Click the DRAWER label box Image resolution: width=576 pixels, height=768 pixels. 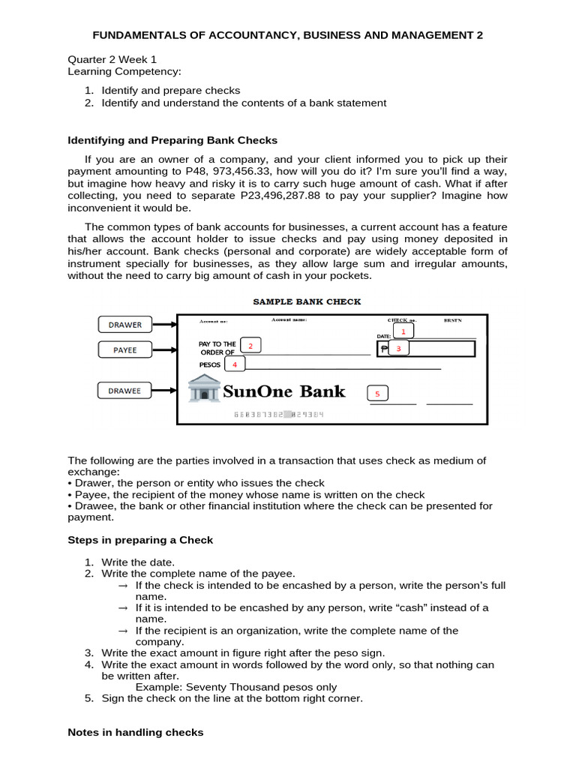pyautogui.click(x=124, y=325)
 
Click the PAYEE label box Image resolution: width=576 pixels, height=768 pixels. pyautogui.click(x=124, y=349)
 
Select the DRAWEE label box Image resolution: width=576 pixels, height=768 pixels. pyautogui.click(x=124, y=390)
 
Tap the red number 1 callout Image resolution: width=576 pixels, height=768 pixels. pyautogui.click(x=403, y=331)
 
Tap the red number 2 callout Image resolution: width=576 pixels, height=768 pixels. pyautogui.click(x=250, y=345)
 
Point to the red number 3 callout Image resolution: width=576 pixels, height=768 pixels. pyautogui.click(x=399, y=349)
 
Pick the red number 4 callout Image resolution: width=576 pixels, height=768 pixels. pyautogui.click(x=235, y=364)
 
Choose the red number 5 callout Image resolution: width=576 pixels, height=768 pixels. pyautogui.click(x=377, y=394)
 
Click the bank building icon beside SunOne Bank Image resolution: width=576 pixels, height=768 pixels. pyautogui.click(x=203, y=390)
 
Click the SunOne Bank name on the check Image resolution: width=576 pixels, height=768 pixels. pyautogui.click(x=285, y=391)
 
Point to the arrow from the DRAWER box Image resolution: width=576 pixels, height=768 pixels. pyautogui.click(x=164, y=325)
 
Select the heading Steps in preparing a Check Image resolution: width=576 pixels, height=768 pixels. pyautogui.click(x=140, y=540)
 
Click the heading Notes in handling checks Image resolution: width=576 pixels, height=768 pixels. pyautogui.click(x=135, y=732)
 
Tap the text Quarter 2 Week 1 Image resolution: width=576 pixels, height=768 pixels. pyautogui.click(x=112, y=60)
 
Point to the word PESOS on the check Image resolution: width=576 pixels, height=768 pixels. pyautogui.click(x=211, y=364)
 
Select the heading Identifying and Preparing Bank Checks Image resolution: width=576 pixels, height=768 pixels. pyautogui.click(x=172, y=140)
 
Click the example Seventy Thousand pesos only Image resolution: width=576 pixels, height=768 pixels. pyautogui.click(x=235, y=687)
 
